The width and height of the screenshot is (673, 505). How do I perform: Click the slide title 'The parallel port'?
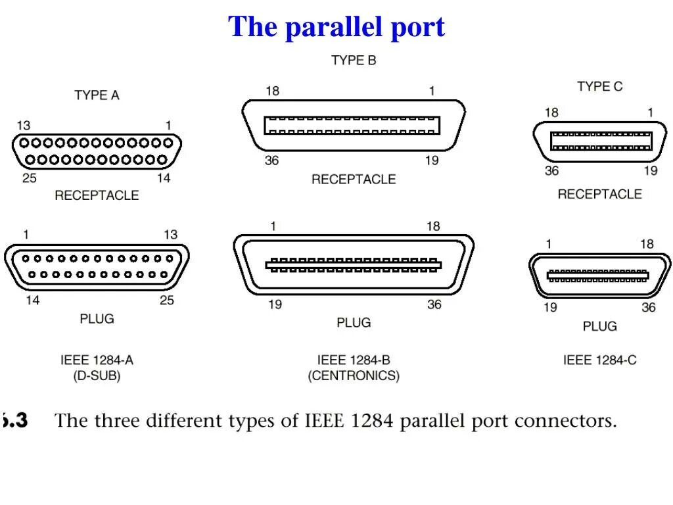click(x=336, y=27)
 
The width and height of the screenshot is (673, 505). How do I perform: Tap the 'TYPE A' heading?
click(x=97, y=95)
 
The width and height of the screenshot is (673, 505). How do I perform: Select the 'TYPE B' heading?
click(x=354, y=60)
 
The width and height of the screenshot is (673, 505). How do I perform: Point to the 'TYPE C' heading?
click(x=599, y=86)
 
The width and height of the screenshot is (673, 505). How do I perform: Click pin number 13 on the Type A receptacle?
click(x=23, y=126)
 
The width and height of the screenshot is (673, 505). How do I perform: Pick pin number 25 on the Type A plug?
click(x=167, y=301)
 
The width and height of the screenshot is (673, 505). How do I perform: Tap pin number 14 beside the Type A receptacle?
click(x=164, y=178)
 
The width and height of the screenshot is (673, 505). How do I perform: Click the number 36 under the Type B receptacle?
click(x=271, y=160)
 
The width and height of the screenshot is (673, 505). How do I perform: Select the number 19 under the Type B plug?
click(x=275, y=304)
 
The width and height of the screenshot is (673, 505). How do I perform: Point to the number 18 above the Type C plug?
click(x=647, y=244)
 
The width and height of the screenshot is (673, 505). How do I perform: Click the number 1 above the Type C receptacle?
click(x=650, y=112)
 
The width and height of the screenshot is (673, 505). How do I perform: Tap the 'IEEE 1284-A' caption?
click(x=97, y=360)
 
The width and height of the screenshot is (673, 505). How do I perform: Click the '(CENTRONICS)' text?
click(x=354, y=376)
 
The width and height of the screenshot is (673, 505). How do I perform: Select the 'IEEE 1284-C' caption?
click(x=599, y=360)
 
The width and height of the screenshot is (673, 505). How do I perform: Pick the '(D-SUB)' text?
click(x=97, y=376)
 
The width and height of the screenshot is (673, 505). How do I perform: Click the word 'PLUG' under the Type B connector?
click(x=354, y=323)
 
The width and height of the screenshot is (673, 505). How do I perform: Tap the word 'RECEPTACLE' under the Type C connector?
click(x=599, y=194)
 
